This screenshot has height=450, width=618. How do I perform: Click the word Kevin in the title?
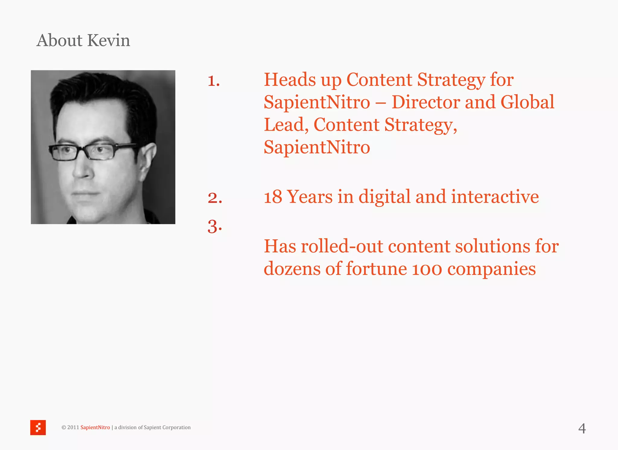point(109,40)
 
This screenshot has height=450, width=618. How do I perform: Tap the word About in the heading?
point(59,40)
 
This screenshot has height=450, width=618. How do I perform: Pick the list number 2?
point(215,198)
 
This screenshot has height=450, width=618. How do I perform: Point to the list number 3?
point(215,226)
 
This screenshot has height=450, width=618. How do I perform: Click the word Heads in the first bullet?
point(290,80)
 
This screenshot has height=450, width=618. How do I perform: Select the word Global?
point(527,102)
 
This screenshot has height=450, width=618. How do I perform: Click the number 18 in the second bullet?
point(272,197)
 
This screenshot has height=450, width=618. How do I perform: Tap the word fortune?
point(376,269)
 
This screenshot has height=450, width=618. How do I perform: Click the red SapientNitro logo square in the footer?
point(38,427)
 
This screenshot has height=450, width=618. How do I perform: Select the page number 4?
point(582,429)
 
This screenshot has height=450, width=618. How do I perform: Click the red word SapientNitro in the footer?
point(95,427)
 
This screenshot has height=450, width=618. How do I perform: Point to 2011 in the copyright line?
point(73,427)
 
